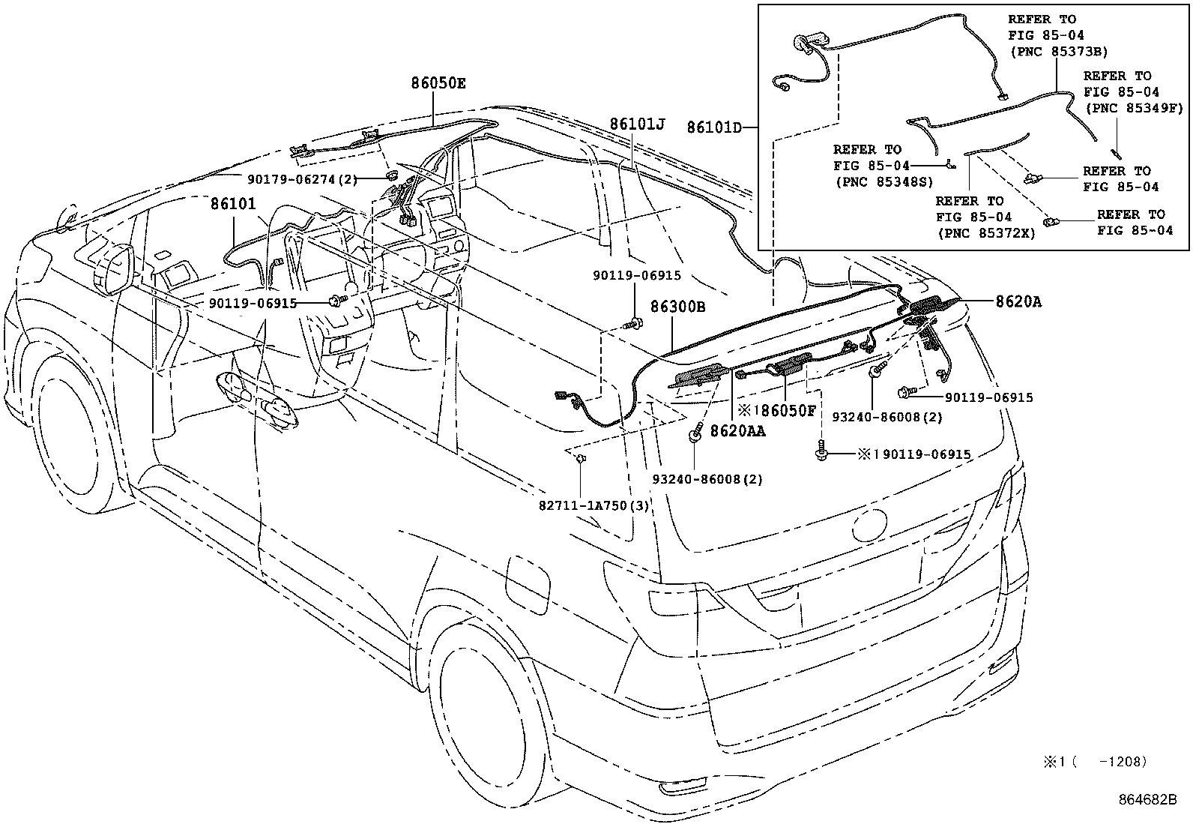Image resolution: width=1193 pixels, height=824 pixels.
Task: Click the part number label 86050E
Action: [438, 83]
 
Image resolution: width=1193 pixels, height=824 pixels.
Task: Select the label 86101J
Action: [637, 124]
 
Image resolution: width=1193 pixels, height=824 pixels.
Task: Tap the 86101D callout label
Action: [713, 127]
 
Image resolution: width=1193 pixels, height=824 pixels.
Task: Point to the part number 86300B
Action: [677, 307]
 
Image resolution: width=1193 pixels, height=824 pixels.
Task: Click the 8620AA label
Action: [737, 430]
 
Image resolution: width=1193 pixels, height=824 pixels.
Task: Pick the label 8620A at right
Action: [1018, 301]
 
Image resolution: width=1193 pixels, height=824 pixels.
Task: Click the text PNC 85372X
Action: [985, 233]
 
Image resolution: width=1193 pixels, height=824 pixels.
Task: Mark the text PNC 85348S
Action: [878, 181]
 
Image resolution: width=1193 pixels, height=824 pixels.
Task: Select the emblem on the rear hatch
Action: [869, 525]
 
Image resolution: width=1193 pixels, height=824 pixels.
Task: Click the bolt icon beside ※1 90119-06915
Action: [822, 452]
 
